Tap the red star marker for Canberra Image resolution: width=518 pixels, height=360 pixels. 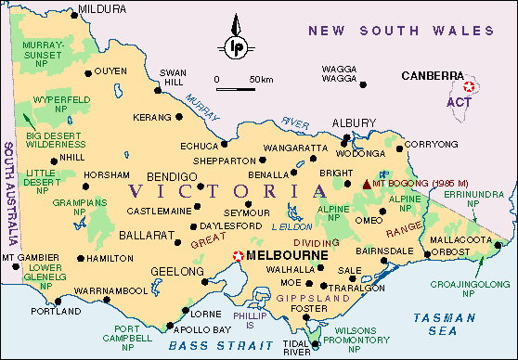pyautogui.click(x=469, y=87)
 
